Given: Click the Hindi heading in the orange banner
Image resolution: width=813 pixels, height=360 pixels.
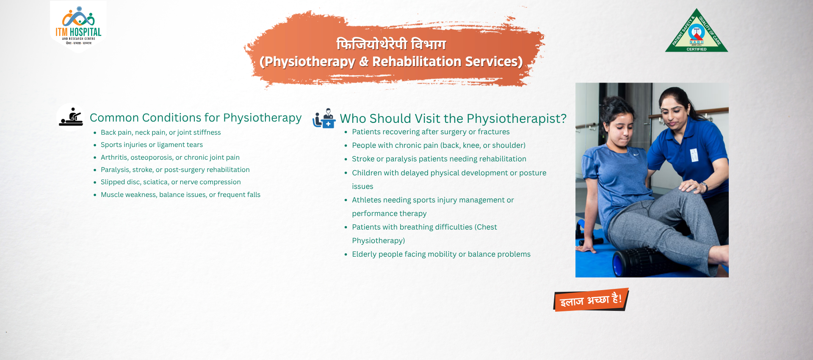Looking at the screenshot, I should [x=391, y=44].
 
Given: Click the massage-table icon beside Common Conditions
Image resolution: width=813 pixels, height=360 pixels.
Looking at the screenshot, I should [x=71, y=117].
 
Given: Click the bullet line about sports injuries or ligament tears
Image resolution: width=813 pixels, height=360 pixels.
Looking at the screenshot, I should [x=152, y=145].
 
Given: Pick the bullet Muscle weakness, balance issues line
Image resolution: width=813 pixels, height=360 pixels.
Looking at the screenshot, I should [x=180, y=195].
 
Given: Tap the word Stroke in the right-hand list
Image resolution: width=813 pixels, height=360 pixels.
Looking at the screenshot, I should [x=363, y=159].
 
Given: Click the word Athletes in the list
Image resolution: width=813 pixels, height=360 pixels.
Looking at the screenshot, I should [x=366, y=200].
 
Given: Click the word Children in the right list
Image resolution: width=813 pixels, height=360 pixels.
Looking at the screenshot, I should [x=368, y=173].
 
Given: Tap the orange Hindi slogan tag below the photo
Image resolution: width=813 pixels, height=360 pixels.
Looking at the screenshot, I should [x=591, y=300].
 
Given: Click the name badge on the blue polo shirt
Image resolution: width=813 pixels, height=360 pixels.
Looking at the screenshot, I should [x=694, y=155].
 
